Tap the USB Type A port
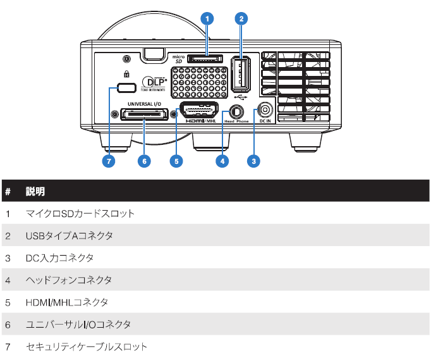click(240, 75)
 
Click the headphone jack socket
click(237, 109)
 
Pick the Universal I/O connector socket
click(144, 114)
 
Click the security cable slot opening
click(128, 86)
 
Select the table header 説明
click(35, 191)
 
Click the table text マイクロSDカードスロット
click(80, 214)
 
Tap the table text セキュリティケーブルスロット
click(86, 347)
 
